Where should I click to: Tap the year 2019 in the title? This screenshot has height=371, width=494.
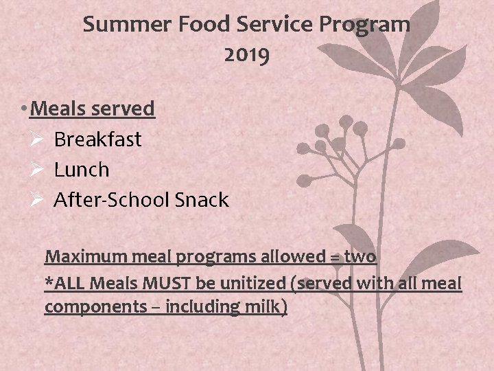247,56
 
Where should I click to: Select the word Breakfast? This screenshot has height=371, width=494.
97,139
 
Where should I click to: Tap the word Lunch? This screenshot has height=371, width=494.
82,170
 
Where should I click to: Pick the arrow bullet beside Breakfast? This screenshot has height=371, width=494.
37,139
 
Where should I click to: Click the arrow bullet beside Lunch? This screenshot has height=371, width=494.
37,170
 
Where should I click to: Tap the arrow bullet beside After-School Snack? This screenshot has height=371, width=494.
37,200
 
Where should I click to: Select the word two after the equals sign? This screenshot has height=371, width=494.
360,257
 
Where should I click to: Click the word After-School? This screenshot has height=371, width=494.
112,200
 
